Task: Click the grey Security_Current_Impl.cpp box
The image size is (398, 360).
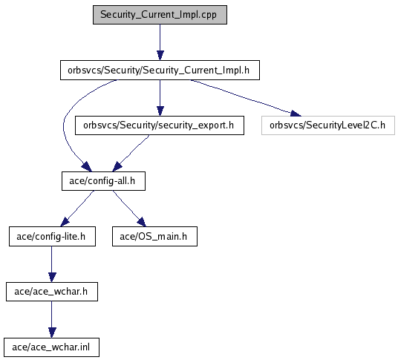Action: coord(160,15)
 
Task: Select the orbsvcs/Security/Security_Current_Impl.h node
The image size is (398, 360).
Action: coord(160,70)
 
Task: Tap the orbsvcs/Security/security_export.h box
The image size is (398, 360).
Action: coord(160,125)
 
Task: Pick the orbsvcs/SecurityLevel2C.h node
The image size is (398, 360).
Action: coord(328,125)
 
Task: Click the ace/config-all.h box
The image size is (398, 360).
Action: coord(103,181)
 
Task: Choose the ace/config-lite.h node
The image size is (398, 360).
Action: coord(52,237)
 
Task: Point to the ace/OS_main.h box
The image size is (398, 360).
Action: coord(154,237)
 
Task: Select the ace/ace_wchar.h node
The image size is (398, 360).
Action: coord(52,292)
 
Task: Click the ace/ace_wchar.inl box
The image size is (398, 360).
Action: coord(51,347)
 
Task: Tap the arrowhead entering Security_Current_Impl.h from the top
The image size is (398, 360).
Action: coord(160,56)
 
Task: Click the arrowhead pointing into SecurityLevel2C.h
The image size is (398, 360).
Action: coord(296,114)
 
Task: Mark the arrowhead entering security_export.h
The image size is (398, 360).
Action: coord(160,111)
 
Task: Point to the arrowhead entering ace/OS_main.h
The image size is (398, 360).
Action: coord(142,222)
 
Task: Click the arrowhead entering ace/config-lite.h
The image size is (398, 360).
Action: coord(65,222)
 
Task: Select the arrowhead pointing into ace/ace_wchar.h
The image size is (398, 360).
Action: coord(52,278)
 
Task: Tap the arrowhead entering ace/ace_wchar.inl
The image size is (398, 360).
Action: coord(52,333)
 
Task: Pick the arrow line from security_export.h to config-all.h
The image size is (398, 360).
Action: coord(132,151)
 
